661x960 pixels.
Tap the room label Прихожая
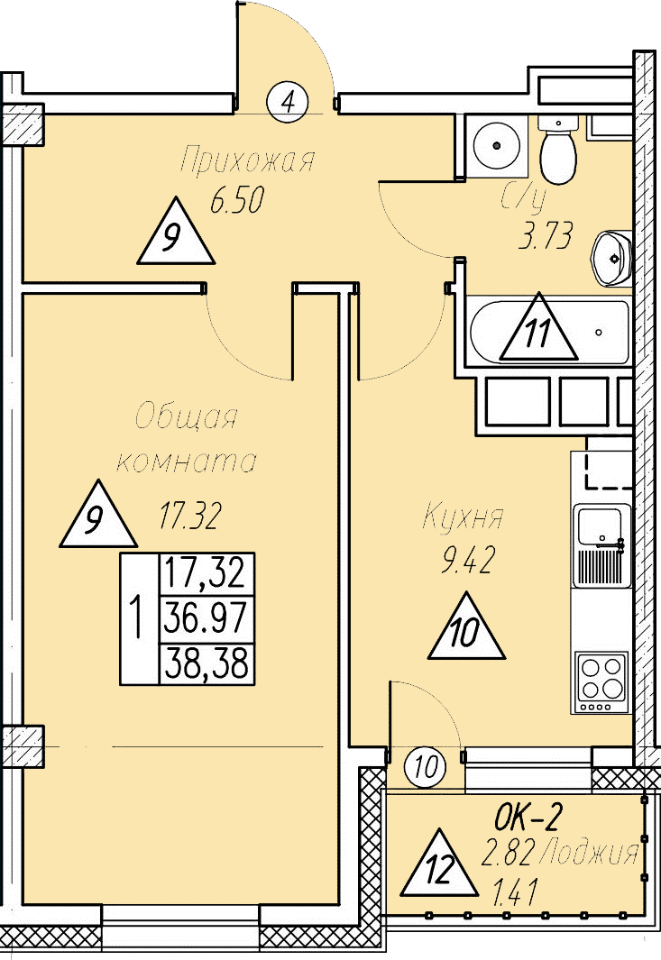point(246,161)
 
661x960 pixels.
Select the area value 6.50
point(236,201)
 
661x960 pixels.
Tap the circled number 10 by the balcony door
point(426,768)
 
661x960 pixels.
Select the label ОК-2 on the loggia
point(528,818)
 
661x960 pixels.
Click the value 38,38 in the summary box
point(207,664)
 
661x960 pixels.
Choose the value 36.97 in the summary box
point(207,619)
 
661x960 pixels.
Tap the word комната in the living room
point(188,462)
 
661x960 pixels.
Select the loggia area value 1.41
point(516,895)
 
